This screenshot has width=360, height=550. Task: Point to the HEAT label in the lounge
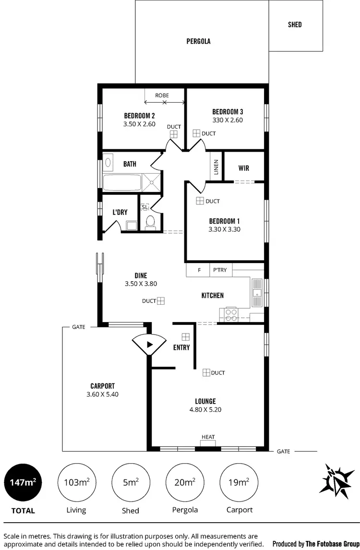point(208,437)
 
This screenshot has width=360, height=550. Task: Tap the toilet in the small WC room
point(150,222)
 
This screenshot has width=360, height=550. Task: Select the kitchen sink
point(257,293)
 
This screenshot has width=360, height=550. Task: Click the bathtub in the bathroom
point(122,182)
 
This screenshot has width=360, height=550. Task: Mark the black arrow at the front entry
point(149,344)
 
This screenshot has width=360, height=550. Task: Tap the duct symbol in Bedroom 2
point(173,135)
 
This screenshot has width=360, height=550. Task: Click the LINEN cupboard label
point(216,167)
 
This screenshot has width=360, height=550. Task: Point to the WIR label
point(244,168)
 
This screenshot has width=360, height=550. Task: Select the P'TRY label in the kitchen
point(220,270)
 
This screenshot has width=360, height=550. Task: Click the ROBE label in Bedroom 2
point(162,95)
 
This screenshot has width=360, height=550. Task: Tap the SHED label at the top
point(295,24)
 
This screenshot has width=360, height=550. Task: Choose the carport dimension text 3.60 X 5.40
point(102,395)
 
